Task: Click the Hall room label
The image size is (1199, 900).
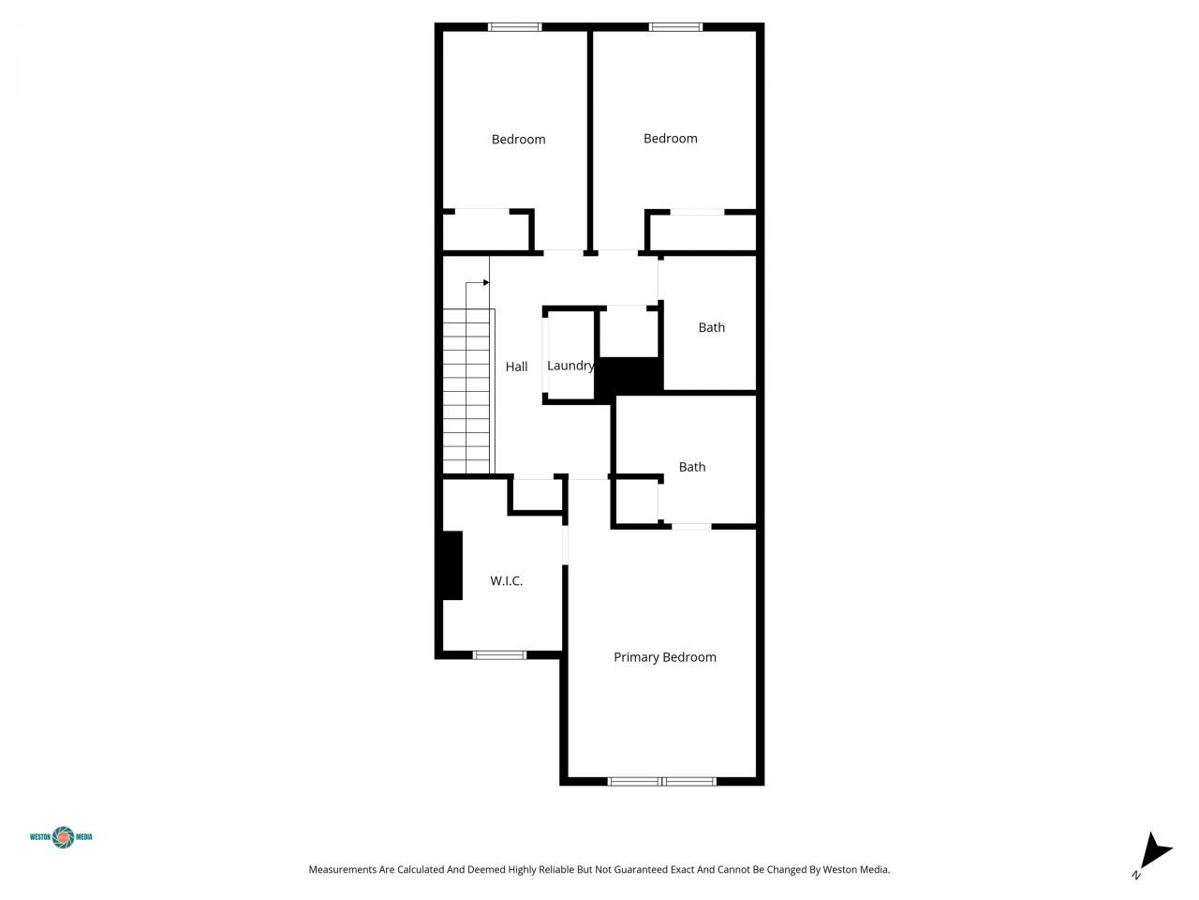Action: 516,367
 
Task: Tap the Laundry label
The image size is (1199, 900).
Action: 570,366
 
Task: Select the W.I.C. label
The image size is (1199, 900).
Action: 506,581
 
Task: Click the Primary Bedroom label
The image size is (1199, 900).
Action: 664,657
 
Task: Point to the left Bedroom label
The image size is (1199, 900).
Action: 518,140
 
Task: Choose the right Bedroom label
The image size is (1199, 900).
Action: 670,139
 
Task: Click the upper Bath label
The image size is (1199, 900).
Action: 711,327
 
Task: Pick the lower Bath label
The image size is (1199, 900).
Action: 692,467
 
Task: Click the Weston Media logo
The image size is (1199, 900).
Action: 62,836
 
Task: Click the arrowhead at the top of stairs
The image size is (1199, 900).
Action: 485,282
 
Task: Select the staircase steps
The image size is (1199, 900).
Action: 467,392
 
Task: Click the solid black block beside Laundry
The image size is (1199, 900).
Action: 630,377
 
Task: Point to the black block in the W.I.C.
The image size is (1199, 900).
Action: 451,565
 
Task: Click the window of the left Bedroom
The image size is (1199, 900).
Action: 515,27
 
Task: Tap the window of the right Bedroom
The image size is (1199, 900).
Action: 675,27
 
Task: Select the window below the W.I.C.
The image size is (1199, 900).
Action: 499,654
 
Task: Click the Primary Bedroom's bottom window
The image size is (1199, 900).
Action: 662,781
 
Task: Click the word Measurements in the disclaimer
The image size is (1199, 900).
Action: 342,870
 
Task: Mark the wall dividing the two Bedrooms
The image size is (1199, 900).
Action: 590,141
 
